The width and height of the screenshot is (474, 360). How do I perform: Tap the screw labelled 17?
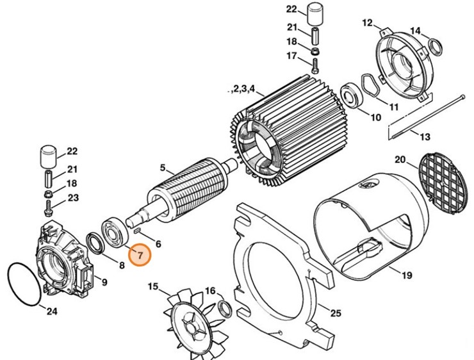[x=315, y=64]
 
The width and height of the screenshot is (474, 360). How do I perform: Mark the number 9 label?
[x=104, y=282]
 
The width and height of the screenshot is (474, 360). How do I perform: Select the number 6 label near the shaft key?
[x=157, y=243]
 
